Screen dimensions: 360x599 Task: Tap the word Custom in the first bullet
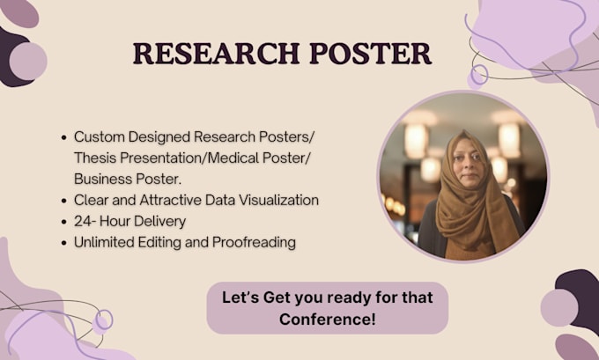(x=98, y=137)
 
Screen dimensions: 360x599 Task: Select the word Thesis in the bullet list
(x=95, y=158)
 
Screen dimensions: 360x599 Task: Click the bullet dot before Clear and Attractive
(x=64, y=202)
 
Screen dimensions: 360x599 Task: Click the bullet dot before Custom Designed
(x=64, y=138)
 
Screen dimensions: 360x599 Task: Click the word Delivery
(x=162, y=222)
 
